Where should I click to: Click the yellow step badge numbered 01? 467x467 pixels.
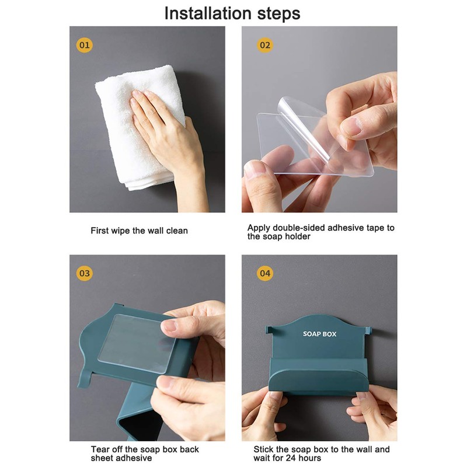tap(84, 46)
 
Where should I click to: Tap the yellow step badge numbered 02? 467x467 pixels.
tap(265, 46)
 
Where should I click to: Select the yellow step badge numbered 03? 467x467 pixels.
tap(84, 273)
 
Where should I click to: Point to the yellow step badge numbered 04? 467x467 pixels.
tap(265, 273)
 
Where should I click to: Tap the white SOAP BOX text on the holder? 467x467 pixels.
tap(319, 334)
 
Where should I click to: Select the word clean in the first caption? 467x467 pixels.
tap(177, 231)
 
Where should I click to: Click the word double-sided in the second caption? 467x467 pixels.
tap(300, 228)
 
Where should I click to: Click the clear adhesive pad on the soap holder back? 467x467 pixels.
tap(137, 343)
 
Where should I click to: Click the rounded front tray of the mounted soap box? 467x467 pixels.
tap(319, 381)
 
